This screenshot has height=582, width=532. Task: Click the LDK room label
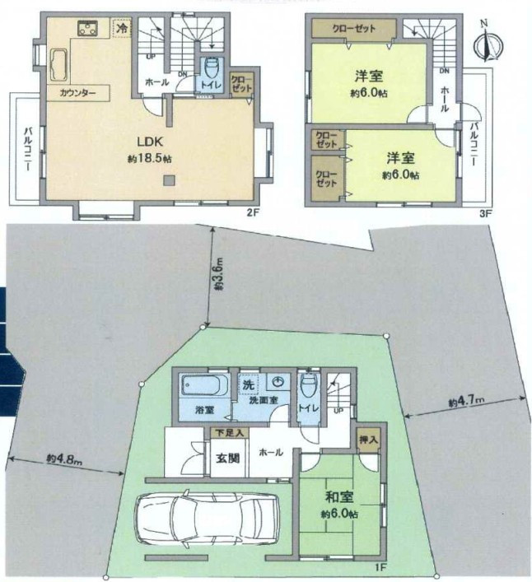tap(150, 142)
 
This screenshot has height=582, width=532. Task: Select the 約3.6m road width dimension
tap(219, 276)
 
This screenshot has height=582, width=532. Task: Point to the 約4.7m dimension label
tap(466, 401)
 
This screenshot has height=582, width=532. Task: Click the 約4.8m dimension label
tap(64, 459)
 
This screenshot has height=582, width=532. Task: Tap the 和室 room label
tap(339, 496)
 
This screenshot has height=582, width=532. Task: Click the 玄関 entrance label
tap(227, 459)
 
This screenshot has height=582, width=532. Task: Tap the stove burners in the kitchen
tap(88, 29)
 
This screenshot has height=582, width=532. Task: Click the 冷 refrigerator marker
tap(122, 28)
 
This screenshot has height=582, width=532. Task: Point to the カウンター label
tap(77, 93)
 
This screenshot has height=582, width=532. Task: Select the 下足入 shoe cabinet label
tap(230, 432)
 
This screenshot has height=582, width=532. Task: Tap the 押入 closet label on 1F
tap(368, 440)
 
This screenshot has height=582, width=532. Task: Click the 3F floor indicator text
tap(486, 213)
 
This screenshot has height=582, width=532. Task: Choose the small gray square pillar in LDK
tap(170, 180)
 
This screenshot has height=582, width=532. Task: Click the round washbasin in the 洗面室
tap(278, 382)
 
